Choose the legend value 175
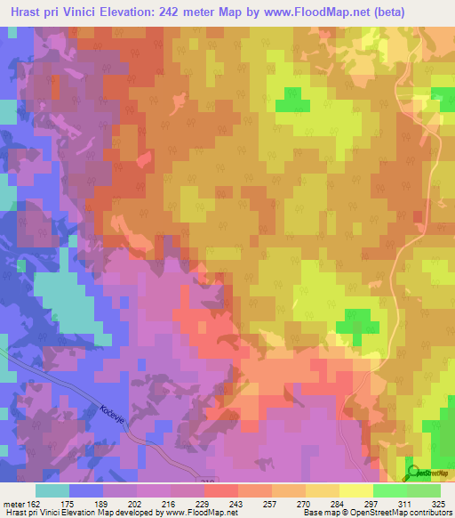point(66,504)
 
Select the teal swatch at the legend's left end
point(52,490)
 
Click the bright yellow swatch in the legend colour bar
point(356,490)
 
